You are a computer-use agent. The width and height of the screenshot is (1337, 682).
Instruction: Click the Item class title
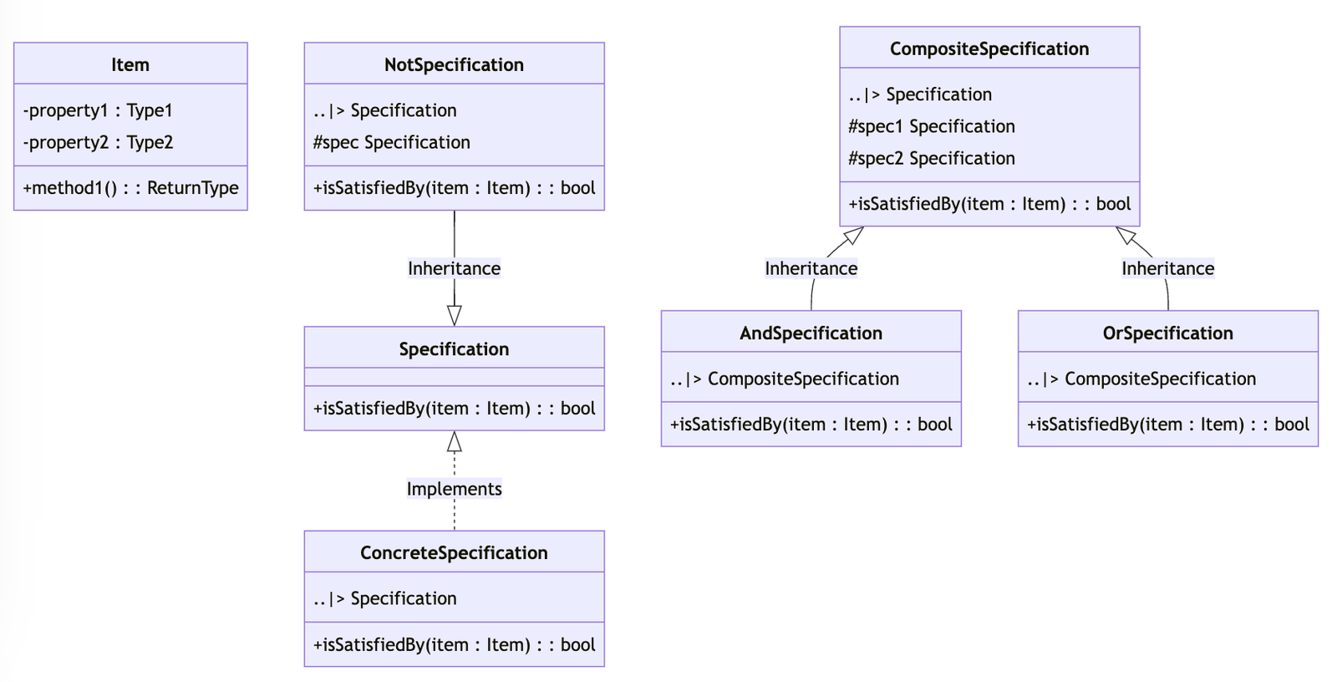pyautogui.click(x=130, y=64)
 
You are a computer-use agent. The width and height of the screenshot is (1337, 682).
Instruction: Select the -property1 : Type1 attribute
pyautogui.click(x=98, y=110)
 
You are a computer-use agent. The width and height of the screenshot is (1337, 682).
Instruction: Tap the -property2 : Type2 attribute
pyautogui.click(x=98, y=142)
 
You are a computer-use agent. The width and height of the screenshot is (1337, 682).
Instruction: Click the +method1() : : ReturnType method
pyautogui.click(x=130, y=188)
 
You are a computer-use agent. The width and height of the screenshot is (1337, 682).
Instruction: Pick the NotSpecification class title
pyautogui.click(x=454, y=64)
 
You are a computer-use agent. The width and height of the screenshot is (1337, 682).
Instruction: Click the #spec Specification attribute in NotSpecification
pyautogui.click(x=391, y=142)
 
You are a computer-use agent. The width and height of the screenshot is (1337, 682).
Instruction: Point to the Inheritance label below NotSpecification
pyautogui.click(x=454, y=268)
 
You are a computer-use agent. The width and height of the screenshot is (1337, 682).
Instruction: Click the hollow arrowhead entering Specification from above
pyautogui.click(x=454, y=316)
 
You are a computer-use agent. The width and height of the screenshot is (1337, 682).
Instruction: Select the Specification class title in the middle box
pyautogui.click(x=454, y=349)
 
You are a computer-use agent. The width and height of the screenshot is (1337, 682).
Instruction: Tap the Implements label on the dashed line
pyautogui.click(x=454, y=489)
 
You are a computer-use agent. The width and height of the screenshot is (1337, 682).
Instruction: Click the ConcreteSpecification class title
pyautogui.click(x=454, y=552)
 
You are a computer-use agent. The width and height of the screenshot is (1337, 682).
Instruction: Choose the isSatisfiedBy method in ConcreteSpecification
pyautogui.click(x=454, y=644)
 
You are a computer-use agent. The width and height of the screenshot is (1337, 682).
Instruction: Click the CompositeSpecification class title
pyautogui.click(x=989, y=48)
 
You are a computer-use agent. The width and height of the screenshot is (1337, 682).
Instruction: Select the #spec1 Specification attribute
pyautogui.click(x=931, y=126)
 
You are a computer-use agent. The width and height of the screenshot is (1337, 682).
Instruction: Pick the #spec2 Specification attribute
pyautogui.click(x=931, y=158)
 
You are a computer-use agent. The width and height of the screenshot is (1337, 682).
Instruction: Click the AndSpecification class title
pyautogui.click(x=811, y=333)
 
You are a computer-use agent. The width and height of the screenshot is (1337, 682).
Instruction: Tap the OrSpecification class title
pyautogui.click(x=1167, y=333)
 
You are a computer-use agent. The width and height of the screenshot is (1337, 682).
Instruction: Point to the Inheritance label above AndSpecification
pyautogui.click(x=811, y=268)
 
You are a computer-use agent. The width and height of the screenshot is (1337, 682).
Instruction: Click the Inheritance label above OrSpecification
pyautogui.click(x=1167, y=268)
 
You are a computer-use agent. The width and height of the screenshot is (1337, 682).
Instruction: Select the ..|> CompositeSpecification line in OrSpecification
pyautogui.click(x=1141, y=379)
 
